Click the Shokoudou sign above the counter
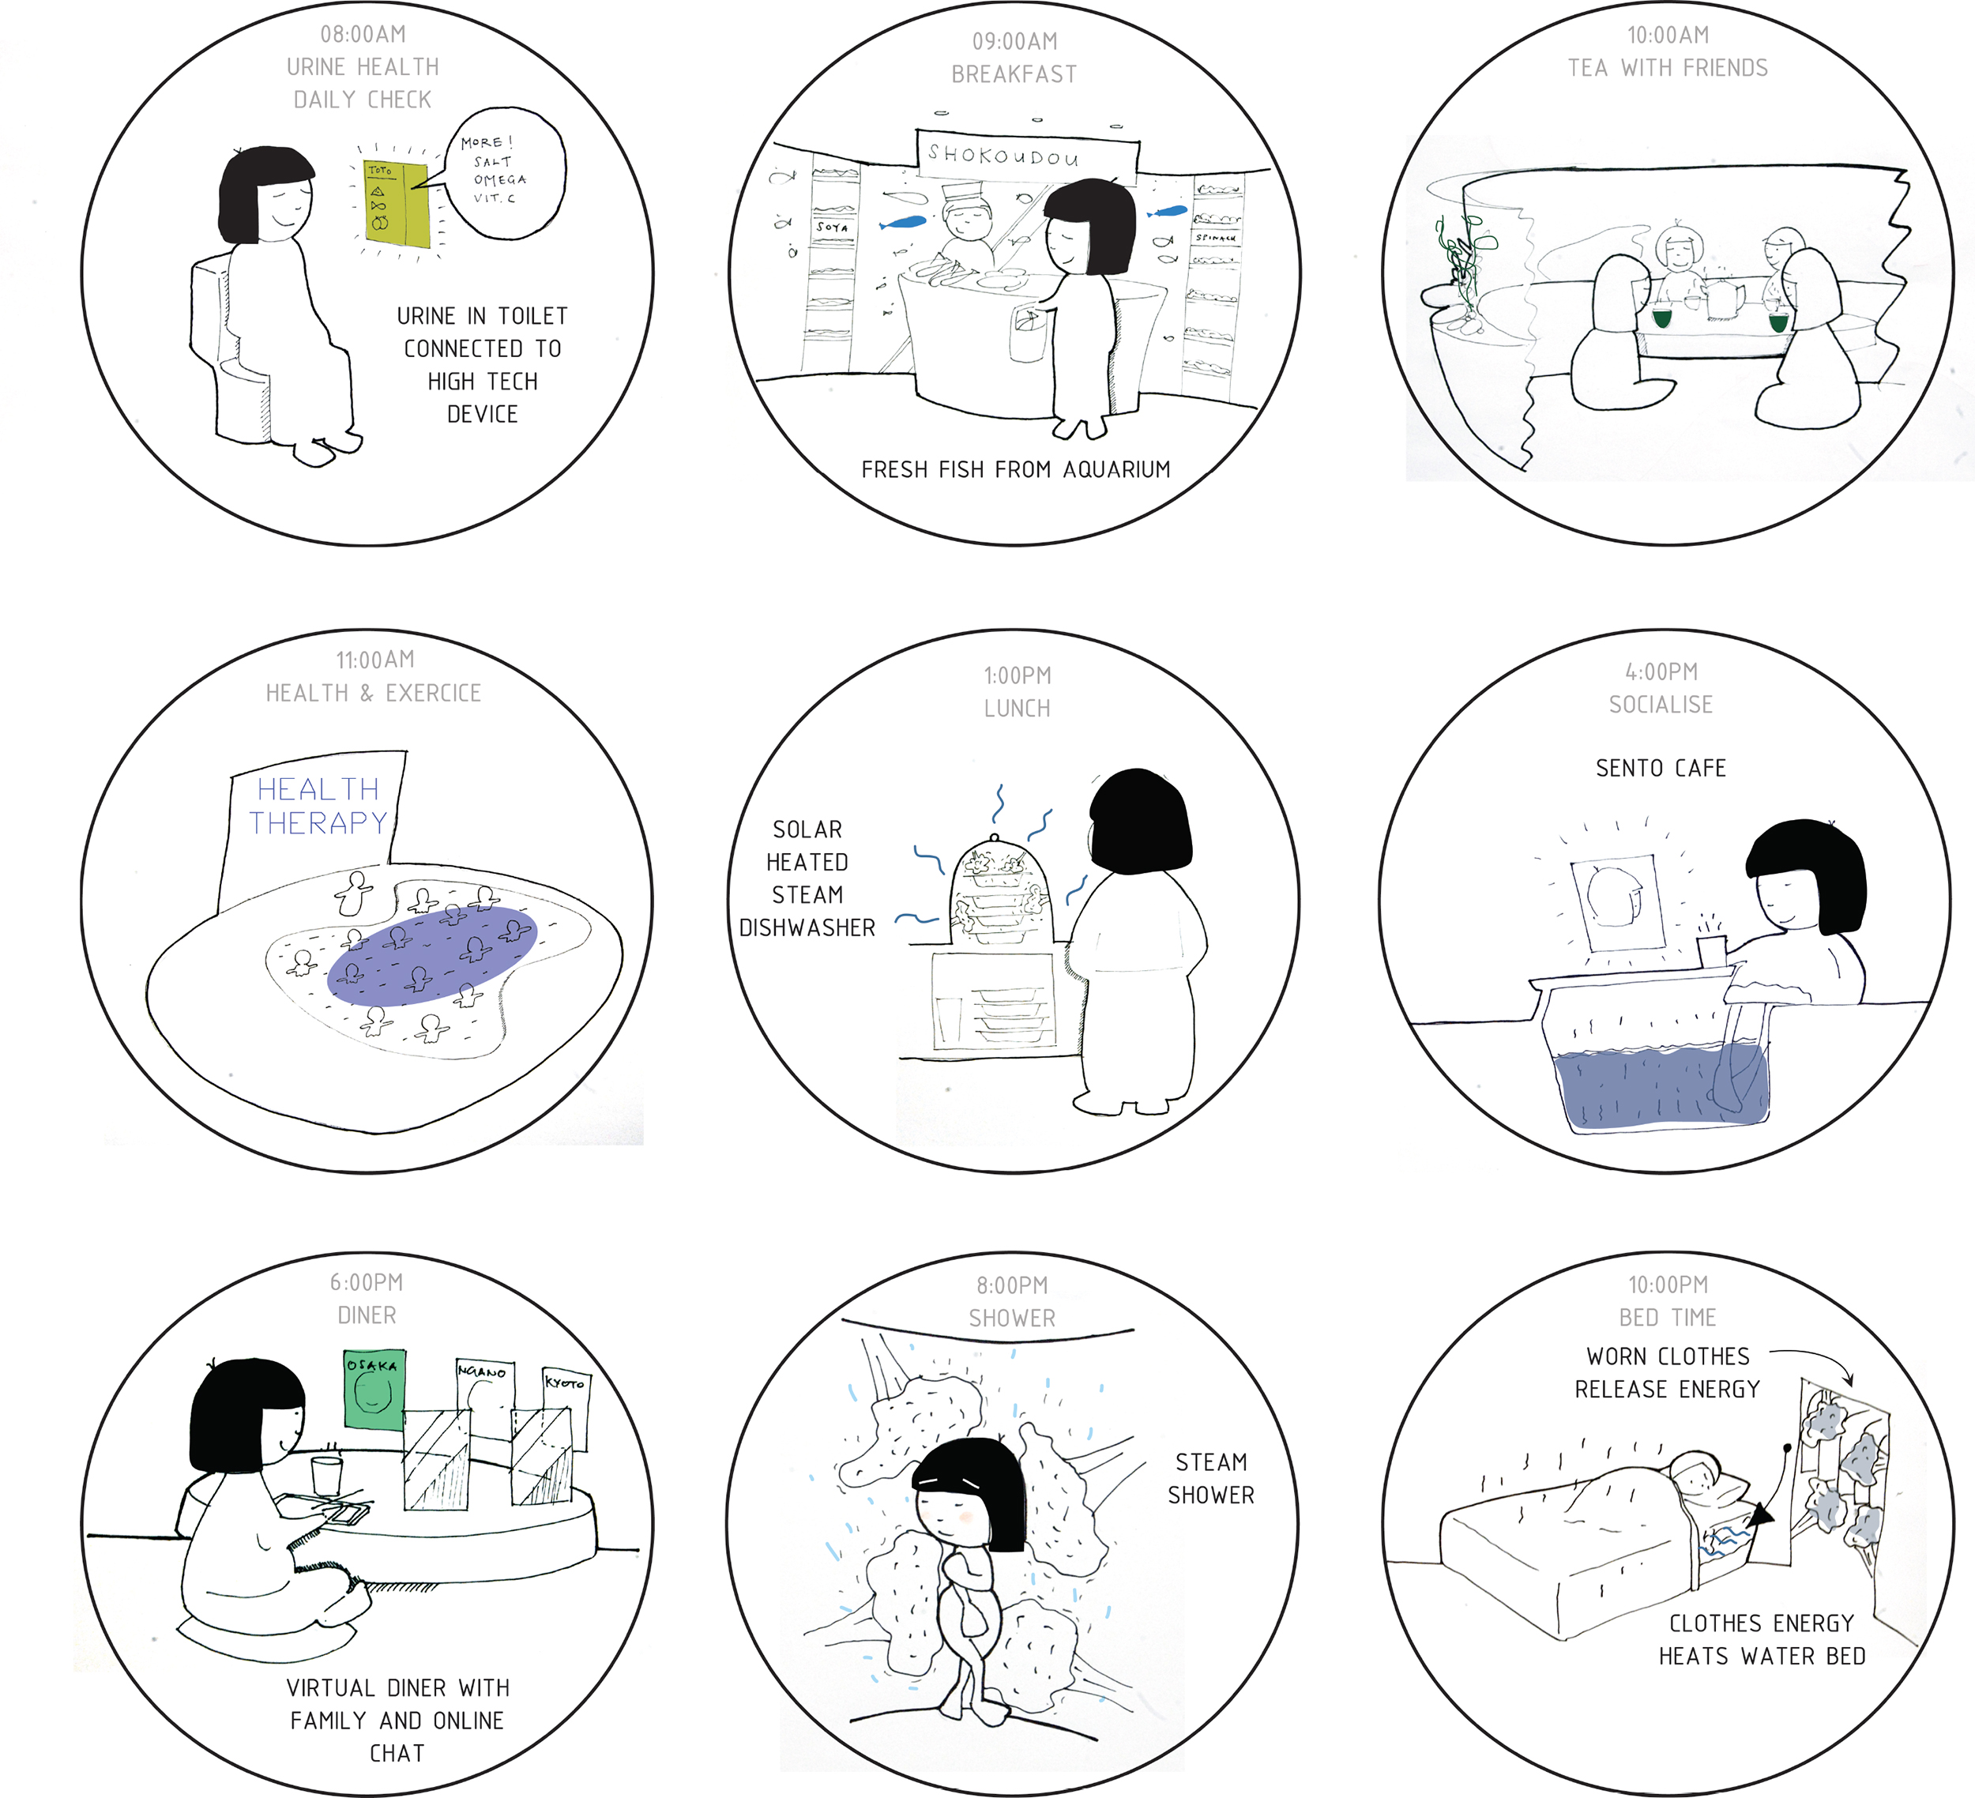pos(1027,154)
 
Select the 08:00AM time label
pos(363,34)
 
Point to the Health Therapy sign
pos(318,806)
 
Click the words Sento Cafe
pos(1661,768)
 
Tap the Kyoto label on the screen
pos(566,1382)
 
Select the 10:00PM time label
pos(1668,1285)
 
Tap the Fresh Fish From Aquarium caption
pos(1015,469)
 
